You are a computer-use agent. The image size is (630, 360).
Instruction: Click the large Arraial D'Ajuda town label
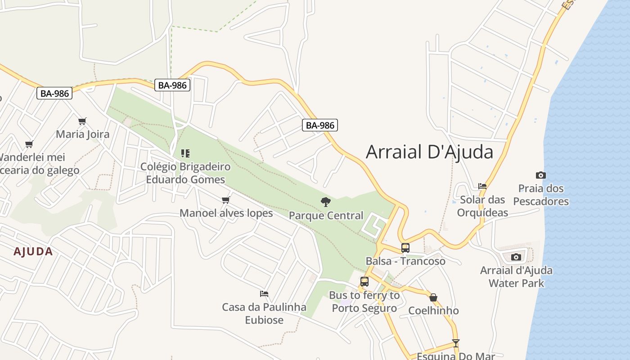coord(429,152)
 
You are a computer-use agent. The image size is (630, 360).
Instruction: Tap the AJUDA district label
coord(33,252)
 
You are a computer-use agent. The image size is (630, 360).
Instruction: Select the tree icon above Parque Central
coord(326,202)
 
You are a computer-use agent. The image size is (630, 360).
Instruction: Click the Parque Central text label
coord(326,216)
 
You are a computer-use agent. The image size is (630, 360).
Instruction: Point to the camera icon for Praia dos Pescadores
coord(541,175)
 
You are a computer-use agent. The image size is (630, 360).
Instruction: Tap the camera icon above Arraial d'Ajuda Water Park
coord(516,257)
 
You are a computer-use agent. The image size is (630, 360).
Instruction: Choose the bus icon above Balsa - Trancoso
coord(405,247)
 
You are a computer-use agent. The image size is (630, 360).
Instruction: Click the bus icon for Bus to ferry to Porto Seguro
coord(364,282)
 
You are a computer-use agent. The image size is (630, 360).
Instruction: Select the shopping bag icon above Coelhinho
coord(433,297)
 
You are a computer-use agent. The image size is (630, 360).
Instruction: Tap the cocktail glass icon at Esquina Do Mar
coord(456,343)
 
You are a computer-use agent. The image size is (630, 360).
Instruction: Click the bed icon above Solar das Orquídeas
coord(482,186)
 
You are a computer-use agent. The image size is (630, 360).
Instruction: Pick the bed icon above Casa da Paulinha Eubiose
coord(264,294)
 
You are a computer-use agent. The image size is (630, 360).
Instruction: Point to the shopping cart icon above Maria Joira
coord(82,121)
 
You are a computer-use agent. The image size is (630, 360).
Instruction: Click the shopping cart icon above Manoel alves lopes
coord(226,200)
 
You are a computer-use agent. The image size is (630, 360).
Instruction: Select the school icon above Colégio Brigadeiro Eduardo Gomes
coord(185,153)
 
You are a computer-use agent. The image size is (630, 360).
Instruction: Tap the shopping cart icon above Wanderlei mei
coord(29,144)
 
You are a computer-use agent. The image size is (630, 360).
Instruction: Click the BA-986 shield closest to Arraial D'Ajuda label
coord(319,125)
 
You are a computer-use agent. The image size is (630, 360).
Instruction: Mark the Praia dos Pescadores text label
coord(541,195)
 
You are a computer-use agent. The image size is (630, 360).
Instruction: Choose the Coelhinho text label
coord(433,310)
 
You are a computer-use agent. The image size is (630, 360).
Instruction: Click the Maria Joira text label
coord(82,134)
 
